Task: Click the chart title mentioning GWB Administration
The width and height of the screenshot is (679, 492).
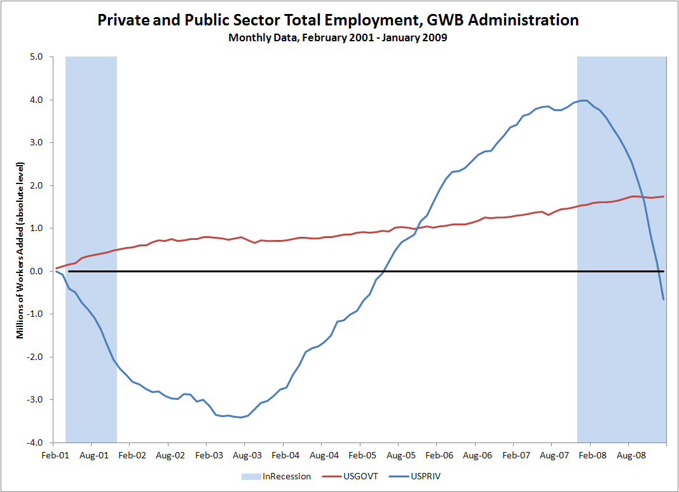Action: (338, 20)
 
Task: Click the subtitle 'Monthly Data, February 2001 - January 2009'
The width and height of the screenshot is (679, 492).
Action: (338, 37)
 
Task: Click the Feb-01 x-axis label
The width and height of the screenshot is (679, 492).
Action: (55, 455)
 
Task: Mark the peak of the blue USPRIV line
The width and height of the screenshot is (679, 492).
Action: (584, 100)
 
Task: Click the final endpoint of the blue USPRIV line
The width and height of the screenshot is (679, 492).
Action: (664, 300)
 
